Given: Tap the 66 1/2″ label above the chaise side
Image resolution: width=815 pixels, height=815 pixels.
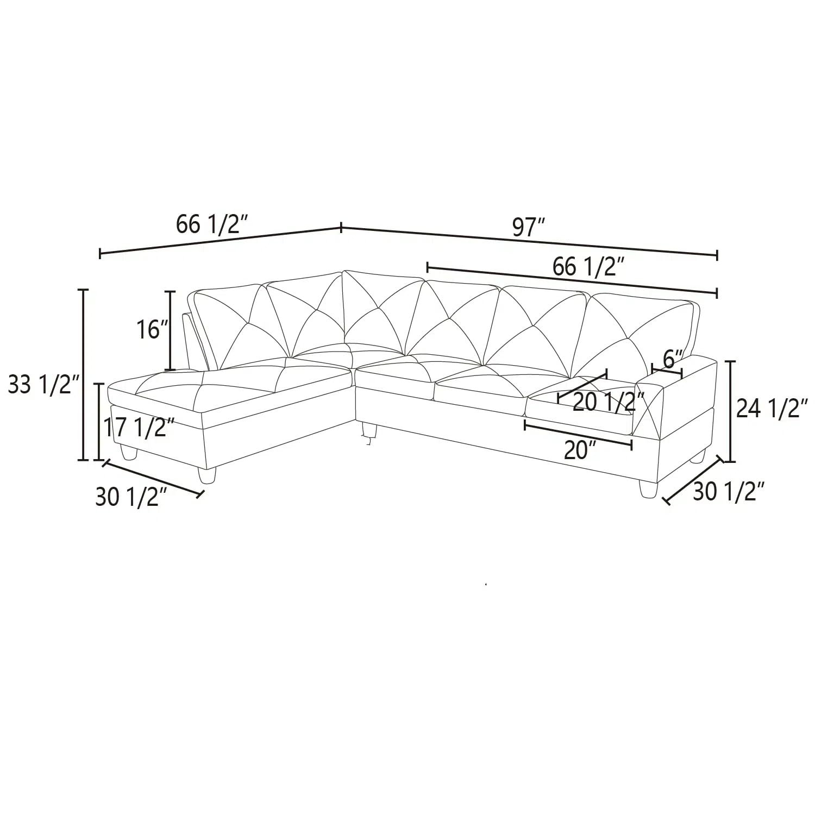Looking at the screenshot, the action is click(x=212, y=224).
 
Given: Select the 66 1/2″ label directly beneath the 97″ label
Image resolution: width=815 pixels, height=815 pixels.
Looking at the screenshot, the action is click(x=588, y=267).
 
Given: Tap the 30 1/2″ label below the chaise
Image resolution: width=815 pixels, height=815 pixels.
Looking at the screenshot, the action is click(x=131, y=496).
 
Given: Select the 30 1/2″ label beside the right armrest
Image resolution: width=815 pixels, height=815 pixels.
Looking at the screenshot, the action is click(x=729, y=492).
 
